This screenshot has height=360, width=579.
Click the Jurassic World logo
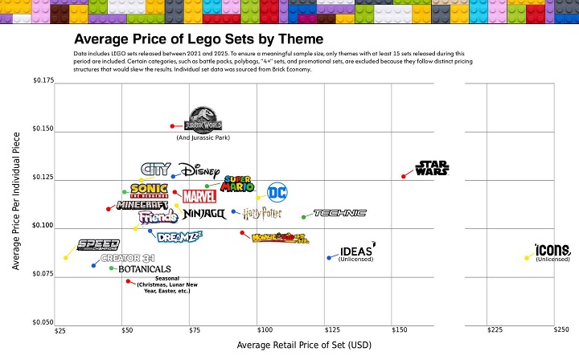(203, 121)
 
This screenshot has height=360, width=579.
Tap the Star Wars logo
(432, 168)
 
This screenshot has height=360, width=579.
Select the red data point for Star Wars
(404, 176)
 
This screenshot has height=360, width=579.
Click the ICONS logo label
(552, 249)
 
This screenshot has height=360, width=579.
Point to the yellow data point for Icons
(527, 258)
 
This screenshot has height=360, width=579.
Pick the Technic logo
(339, 213)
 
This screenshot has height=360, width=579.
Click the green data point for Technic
(303, 217)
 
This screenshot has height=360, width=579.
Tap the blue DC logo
(277, 192)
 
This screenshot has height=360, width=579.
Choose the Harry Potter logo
(262, 213)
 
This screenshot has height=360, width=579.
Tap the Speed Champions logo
(98, 245)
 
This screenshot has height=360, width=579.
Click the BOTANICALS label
(145, 269)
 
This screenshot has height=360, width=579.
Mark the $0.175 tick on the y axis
(43, 80)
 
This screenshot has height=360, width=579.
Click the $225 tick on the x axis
(495, 330)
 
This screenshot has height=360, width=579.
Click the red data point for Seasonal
(128, 280)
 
